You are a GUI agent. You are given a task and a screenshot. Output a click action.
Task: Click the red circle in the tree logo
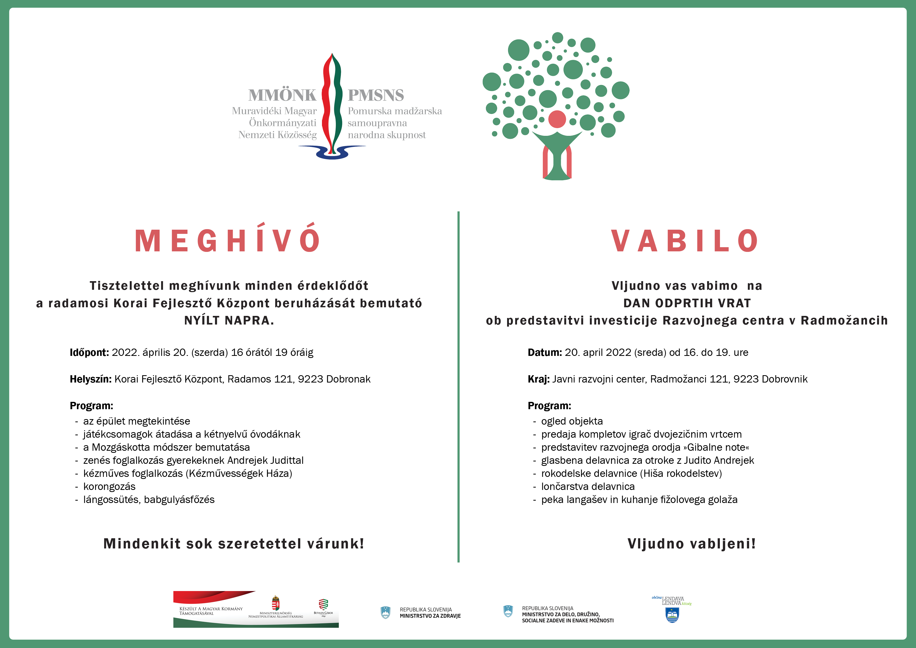(x=557, y=119)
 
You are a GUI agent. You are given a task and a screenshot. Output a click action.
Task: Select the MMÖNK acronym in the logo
(x=282, y=95)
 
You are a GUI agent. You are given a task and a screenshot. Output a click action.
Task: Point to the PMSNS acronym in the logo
(x=376, y=95)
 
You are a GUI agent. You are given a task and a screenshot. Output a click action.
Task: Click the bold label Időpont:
(x=89, y=352)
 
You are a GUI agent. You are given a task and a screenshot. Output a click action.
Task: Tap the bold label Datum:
(x=545, y=352)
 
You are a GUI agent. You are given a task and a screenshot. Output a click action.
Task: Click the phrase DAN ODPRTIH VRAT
(x=687, y=303)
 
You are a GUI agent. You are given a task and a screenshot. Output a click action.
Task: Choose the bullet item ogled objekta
(x=572, y=421)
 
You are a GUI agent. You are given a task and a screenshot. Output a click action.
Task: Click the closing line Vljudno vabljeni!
(x=691, y=544)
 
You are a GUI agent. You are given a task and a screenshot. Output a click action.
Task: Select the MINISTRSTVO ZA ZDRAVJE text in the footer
(x=430, y=616)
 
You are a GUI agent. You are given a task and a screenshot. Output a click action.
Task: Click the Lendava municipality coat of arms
(x=672, y=615)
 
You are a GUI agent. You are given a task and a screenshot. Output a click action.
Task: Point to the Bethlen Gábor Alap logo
(x=323, y=607)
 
